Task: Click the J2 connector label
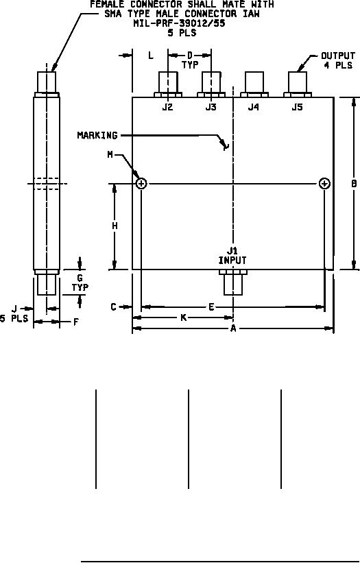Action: pyautogui.click(x=167, y=107)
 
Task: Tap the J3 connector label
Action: pyautogui.click(x=211, y=107)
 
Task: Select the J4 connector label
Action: pyautogui.click(x=254, y=107)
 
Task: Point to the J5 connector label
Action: pyautogui.click(x=297, y=107)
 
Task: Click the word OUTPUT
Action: pyautogui.click(x=338, y=56)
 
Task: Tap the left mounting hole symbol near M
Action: pyautogui.click(x=141, y=184)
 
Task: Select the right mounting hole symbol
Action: pyautogui.click(x=324, y=184)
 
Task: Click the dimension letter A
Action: pyautogui.click(x=233, y=328)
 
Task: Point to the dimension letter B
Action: pyautogui.click(x=354, y=183)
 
